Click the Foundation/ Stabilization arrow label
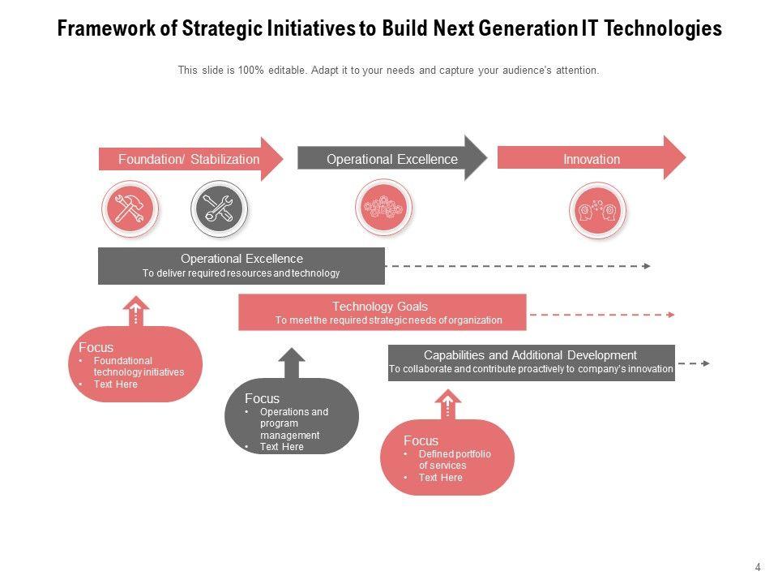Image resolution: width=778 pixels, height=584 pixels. click(x=189, y=159)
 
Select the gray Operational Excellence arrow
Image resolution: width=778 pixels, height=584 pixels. click(x=392, y=159)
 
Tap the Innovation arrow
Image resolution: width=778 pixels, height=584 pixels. click(x=592, y=159)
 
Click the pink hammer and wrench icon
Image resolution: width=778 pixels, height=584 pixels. click(x=130, y=208)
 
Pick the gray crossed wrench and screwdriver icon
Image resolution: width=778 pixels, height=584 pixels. click(x=218, y=208)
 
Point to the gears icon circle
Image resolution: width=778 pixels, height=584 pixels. click(x=383, y=208)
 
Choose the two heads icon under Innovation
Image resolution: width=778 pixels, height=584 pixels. click(x=597, y=211)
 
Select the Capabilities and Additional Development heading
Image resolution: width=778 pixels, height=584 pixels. click(x=531, y=355)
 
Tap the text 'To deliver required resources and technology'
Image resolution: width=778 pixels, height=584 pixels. click(x=242, y=273)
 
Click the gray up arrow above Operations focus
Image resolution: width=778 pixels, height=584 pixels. click(x=292, y=363)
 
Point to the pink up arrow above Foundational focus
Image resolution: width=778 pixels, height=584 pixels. click(x=135, y=311)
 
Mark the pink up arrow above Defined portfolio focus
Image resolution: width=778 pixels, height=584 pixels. click(x=447, y=404)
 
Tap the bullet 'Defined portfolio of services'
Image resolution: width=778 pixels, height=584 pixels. click(x=455, y=460)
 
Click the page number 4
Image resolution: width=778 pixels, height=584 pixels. click(x=758, y=568)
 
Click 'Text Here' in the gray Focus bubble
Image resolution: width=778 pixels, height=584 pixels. click(x=281, y=447)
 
